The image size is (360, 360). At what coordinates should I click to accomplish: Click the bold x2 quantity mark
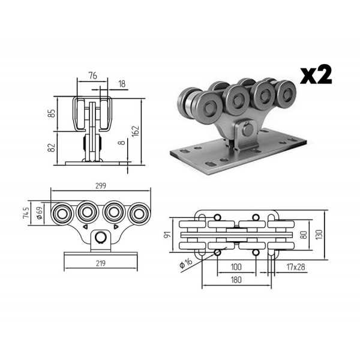click(316, 74)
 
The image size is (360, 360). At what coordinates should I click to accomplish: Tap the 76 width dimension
click(93, 76)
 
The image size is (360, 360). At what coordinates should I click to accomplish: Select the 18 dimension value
click(122, 84)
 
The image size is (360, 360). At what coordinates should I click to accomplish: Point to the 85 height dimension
click(53, 113)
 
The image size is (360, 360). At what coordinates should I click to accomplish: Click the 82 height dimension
click(52, 148)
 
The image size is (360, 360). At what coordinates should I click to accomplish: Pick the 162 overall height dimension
click(136, 131)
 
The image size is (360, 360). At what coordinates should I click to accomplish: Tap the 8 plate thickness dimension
click(122, 143)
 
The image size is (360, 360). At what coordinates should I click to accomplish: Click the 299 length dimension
click(101, 186)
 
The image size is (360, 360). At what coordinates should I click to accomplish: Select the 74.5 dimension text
click(26, 212)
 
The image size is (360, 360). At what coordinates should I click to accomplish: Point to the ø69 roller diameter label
click(40, 213)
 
